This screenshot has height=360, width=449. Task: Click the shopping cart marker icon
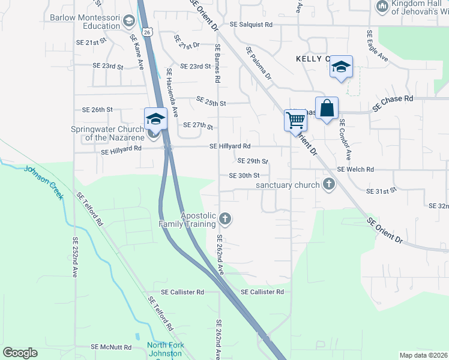coord(295,120)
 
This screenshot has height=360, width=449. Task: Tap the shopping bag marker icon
coord(327,109)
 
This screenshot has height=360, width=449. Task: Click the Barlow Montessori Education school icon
coord(128,22)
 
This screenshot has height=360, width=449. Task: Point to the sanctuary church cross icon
coord(328,184)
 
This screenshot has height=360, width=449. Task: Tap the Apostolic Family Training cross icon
coord(225,218)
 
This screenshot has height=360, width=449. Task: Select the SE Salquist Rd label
coord(252,25)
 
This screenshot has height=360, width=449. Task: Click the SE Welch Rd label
coord(355,170)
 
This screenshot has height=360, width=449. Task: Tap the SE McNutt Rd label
coord(111,347)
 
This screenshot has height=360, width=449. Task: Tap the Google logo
coord(20,353)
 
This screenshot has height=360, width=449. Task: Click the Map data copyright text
coord(423,355)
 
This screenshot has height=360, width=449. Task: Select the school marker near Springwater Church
coord(155,118)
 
